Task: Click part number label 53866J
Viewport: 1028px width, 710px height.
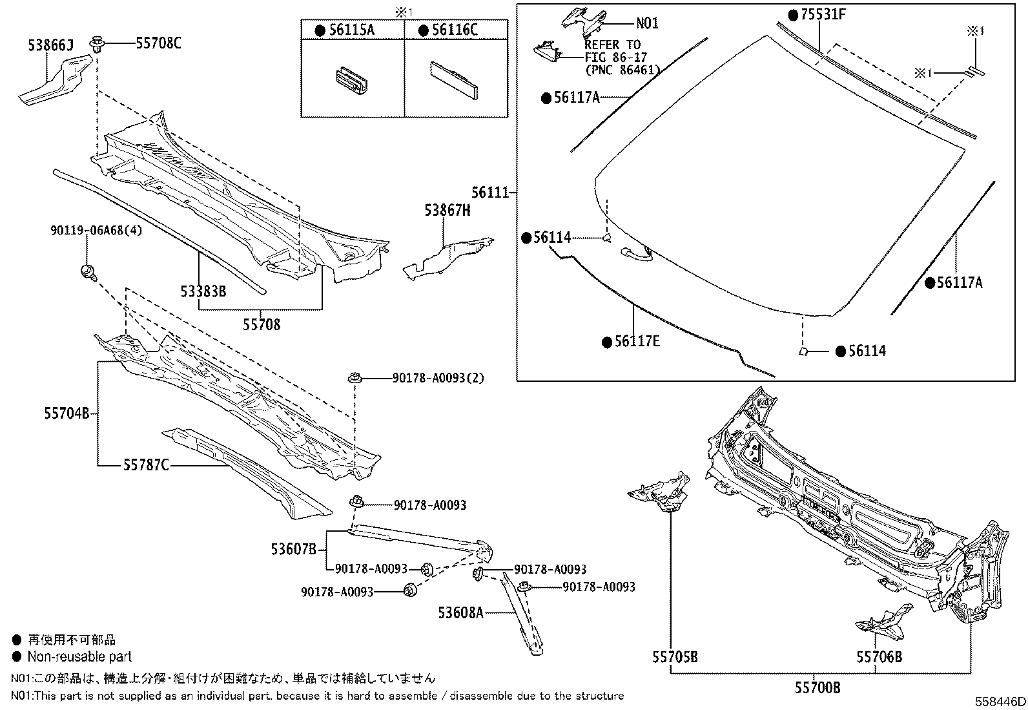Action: pyautogui.click(x=51, y=45)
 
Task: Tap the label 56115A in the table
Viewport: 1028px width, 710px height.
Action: pyautogui.click(x=351, y=30)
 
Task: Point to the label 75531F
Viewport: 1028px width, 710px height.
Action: pyautogui.click(x=822, y=14)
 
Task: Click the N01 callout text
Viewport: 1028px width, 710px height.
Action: pyautogui.click(x=647, y=23)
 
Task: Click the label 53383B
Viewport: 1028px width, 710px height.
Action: pyautogui.click(x=203, y=291)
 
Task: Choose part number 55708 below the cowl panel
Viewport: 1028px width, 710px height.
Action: pyautogui.click(x=262, y=324)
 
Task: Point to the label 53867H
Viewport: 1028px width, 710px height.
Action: pyautogui.click(x=447, y=211)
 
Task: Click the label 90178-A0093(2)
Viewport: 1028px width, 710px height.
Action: pyautogui.click(x=438, y=377)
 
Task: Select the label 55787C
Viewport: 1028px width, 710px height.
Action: pyautogui.click(x=147, y=465)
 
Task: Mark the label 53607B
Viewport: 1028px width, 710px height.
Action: pyautogui.click(x=293, y=550)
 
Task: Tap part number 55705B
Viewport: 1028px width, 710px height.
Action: pyautogui.click(x=675, y=658)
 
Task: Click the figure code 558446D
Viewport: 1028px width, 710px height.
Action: pyautogui.click(x=1000, y=702)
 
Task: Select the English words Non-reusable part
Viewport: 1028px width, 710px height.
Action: pyautogui.click(x=79, y=657)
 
